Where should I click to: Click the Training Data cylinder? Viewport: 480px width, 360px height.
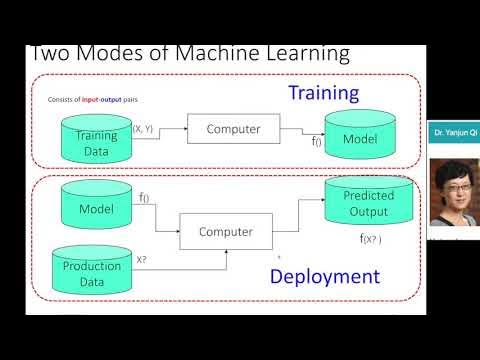pyautogui.click(x=96, y=139)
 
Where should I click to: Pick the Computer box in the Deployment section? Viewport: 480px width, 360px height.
pyautogui.click(x=225, y=232)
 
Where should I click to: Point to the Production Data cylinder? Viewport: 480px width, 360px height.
pyautogui.click(x=92, y=272)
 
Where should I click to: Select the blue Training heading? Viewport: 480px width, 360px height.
pyautogui.click(x=323, y=95)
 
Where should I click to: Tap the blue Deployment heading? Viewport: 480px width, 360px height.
pyautogui.click(x=324, y=277)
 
